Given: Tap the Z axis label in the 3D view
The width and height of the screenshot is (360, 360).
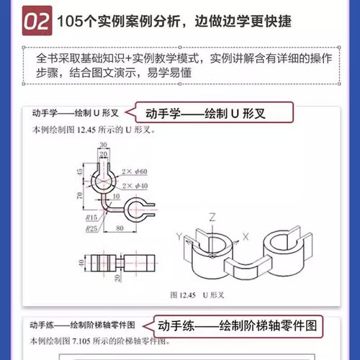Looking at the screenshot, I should pos(212,216).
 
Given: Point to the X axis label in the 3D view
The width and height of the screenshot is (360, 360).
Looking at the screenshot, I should pos(245,235).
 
